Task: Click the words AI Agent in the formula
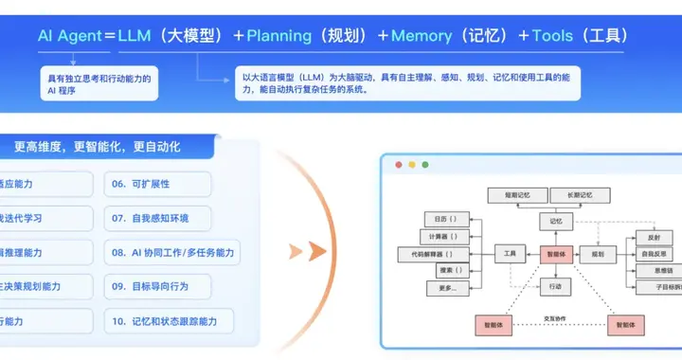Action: click(68, 36)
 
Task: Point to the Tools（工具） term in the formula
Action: click(577, 36)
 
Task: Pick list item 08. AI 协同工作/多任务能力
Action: click(171, 253)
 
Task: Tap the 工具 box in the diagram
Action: click(510, 254)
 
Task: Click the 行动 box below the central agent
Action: click(556, 285)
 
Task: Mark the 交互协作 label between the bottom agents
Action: click(556, 317)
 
